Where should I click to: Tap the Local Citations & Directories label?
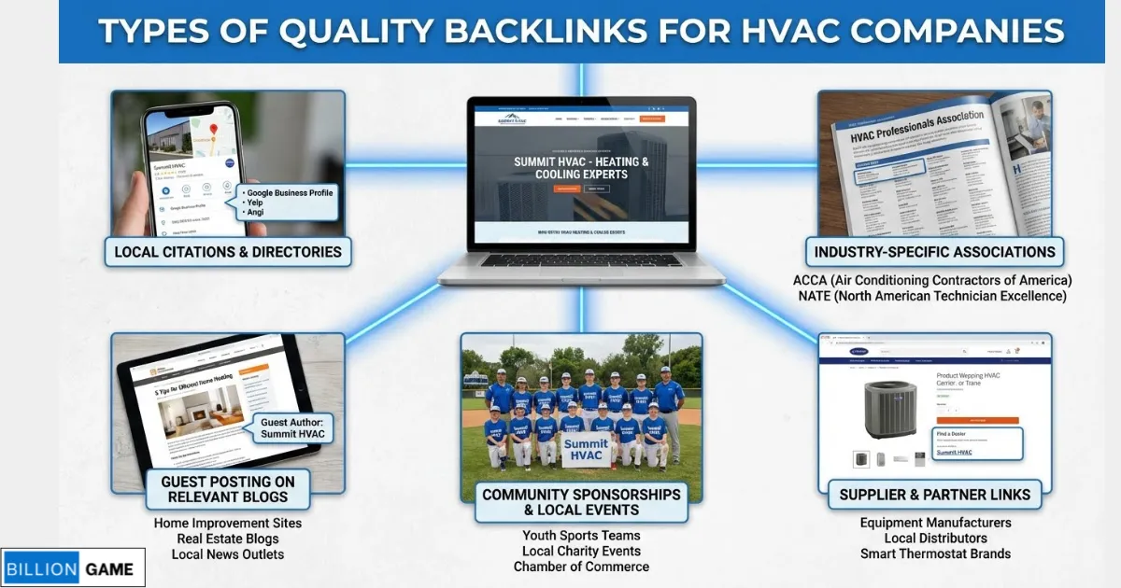pos(228,251)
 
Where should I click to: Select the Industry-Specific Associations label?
pos(934,251)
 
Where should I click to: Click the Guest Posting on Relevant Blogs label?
pos(228,489)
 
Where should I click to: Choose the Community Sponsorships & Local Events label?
pos(581,501)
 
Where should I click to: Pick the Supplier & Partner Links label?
pos(934,495)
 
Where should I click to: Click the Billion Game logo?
pos(73,567)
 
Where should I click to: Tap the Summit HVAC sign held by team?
pos(586,452)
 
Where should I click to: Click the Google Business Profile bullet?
pos(290,193)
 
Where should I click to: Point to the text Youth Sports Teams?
pos(581,536)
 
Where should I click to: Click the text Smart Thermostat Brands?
pos(935,553)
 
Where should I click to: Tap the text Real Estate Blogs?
pos(228,539)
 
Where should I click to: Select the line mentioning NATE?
pos(932,296)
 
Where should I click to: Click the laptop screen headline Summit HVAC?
pos(581,168)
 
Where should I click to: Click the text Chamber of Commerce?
pos(581,567)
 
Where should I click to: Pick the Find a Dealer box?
pos(975,443)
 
